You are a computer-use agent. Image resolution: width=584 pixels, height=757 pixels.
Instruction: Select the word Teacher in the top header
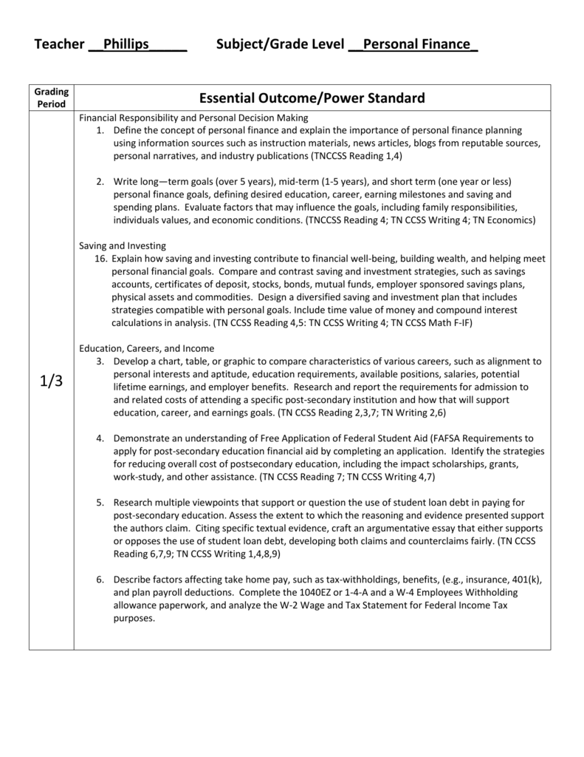pyautogui.click(x=59, y=45)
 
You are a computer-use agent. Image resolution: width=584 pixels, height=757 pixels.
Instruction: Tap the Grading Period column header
pyautogui.click(x=52, y=98)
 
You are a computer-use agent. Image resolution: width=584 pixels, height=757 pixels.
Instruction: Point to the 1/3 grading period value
pyautogui.click(x=51, y=383)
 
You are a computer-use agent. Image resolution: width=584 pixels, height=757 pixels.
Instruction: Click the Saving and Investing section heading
pyautogui.click(x=123, y=245)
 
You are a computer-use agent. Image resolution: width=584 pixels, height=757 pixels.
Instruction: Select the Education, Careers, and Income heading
pyautogui.click(x=147, y=347)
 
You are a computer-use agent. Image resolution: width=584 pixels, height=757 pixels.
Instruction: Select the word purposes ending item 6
pyautogui.click(x=134, y=618)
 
